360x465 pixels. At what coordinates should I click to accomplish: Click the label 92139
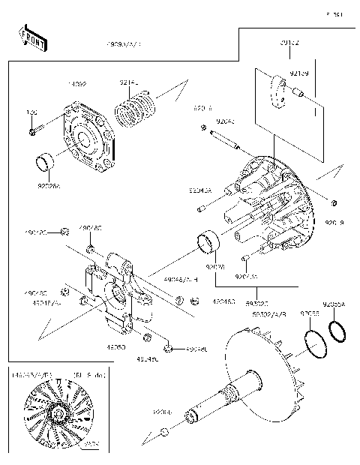pyautogui.click(x=299, y=73)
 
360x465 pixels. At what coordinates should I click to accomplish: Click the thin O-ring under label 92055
pyautogui.click(x=316, y=340)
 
